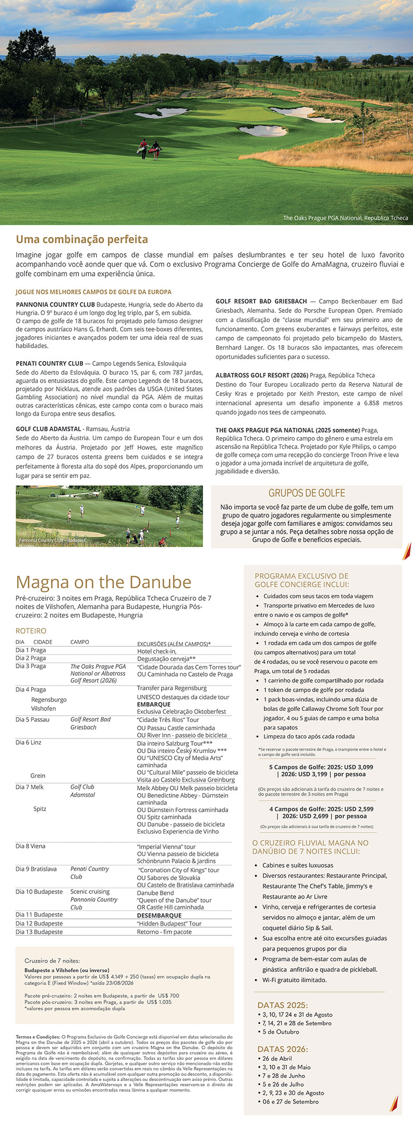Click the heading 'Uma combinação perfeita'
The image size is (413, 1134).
pos(82,240)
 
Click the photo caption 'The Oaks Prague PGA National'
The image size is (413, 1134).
pos(345,218)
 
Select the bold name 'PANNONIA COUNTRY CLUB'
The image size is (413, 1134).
pos(56,305)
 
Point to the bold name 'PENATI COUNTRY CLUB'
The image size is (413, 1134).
pos(50,363)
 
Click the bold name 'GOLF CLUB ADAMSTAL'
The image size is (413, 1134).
pos(48,429)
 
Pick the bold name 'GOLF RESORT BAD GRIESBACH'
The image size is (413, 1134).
pos(260,301)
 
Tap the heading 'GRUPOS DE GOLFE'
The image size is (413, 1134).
pos(307,493)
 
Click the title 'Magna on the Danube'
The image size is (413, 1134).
pos(103,582)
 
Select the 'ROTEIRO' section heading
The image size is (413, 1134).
pos(31,631)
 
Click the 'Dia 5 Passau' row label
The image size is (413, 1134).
pos(33,719)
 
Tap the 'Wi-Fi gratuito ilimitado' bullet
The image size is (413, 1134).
pos(295,980)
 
